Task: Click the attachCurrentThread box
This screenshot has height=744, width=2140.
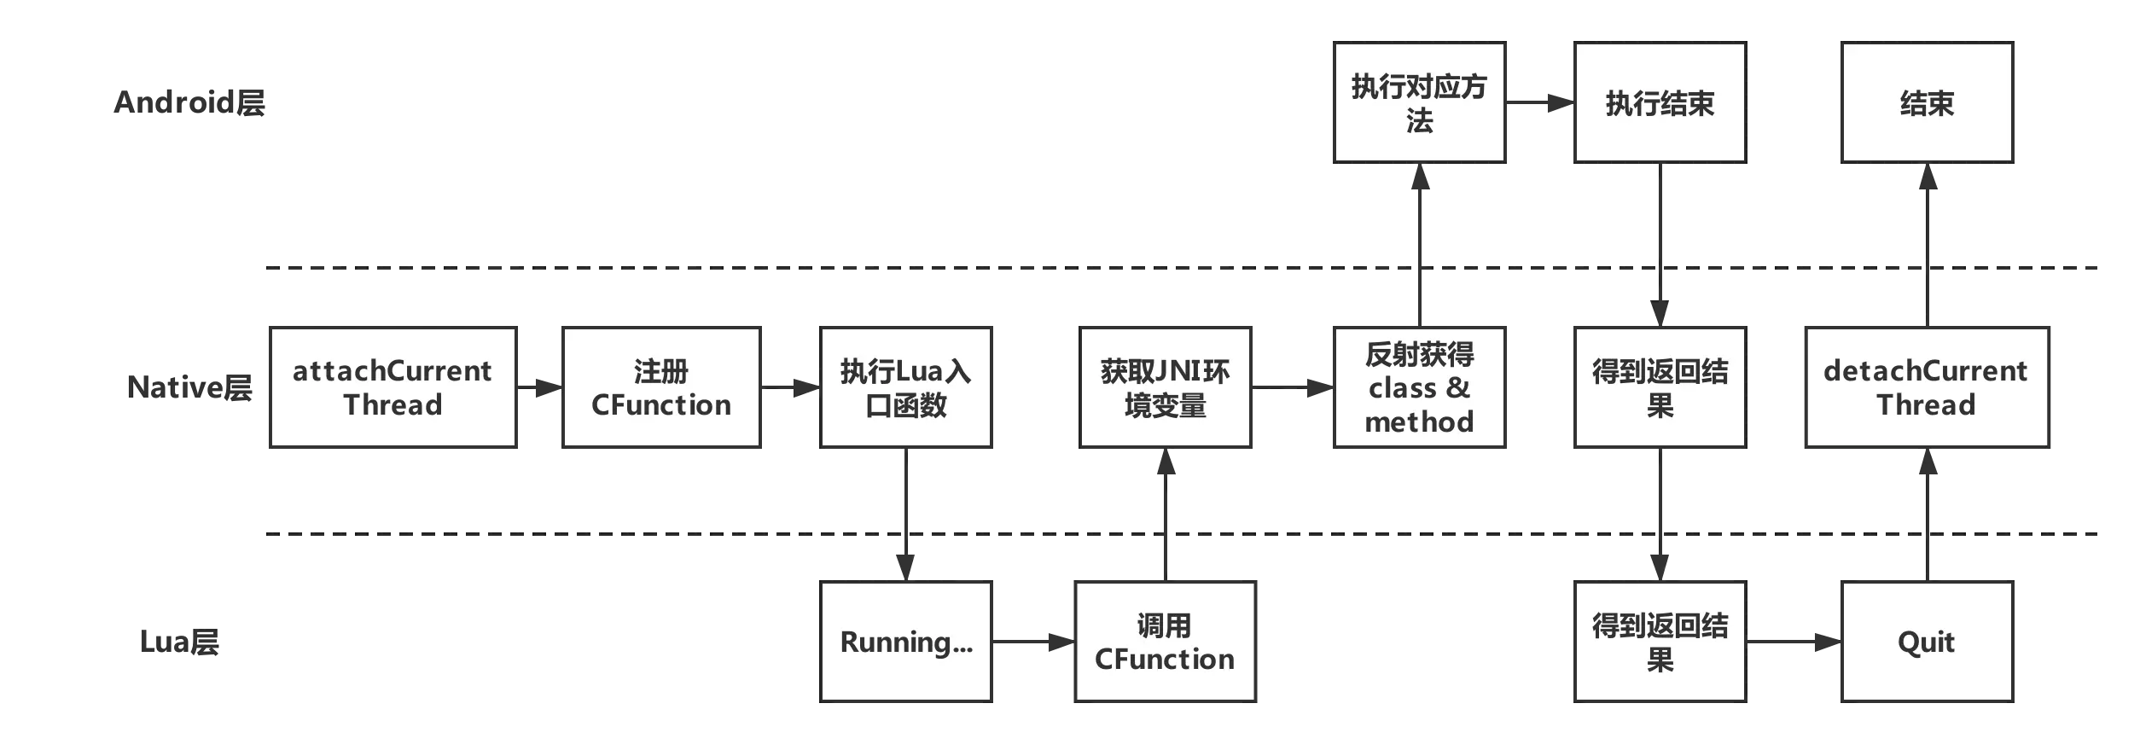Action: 393,387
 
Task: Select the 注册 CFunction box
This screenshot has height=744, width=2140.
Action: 661,387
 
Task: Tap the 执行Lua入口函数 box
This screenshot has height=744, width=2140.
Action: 906,387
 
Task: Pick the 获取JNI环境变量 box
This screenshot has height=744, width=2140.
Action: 1165,387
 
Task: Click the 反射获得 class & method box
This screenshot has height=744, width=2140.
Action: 1419,387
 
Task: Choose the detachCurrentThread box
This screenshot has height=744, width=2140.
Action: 1927,387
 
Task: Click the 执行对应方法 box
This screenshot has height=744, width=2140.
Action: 1419,102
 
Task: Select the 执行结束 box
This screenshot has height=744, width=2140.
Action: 1660,102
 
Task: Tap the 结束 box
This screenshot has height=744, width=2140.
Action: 1927,102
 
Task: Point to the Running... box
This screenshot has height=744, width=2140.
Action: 906,642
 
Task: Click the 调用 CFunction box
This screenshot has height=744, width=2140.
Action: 1165,642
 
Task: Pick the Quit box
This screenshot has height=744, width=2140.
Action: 1927,642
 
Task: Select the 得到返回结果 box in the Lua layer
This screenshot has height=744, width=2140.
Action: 1660,642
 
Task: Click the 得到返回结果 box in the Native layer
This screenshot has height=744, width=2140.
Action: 1660,387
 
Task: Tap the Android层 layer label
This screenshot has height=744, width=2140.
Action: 189,103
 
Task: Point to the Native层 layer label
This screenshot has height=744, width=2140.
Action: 189,388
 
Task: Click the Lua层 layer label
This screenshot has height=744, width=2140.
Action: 178,642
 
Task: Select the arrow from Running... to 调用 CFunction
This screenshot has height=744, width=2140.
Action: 1032,642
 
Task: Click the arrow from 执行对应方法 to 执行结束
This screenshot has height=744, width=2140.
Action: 1538,103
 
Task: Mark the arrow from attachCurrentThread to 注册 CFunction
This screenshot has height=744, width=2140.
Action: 539,387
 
